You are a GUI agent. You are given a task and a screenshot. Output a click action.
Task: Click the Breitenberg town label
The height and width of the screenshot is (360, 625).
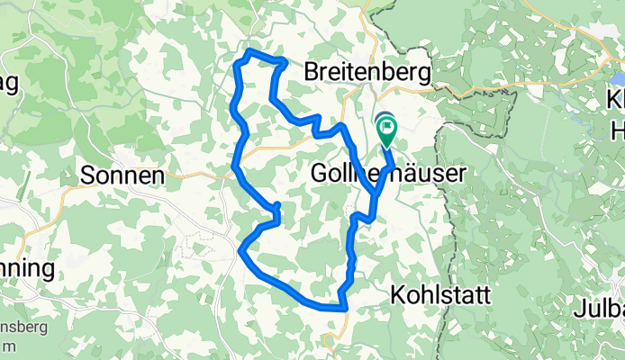pyautogui.click(x=368, y=71)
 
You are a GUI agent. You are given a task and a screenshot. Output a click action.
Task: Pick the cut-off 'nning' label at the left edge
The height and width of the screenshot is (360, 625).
pyautogui.click(x=27, y=268)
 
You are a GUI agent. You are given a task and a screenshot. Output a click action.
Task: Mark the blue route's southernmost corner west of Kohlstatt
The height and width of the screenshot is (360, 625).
pyautogui.click(x=344, y=309)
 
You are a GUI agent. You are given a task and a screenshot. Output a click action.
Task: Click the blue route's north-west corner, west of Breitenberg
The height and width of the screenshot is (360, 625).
pyautogui.click(x=241, y=59)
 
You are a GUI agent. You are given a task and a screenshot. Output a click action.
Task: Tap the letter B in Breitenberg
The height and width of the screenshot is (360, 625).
pyautogui.click(x=312, y=71)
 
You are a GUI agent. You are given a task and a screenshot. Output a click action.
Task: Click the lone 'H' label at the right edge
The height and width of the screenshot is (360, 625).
pyautogui.click(x=616, y=128)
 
